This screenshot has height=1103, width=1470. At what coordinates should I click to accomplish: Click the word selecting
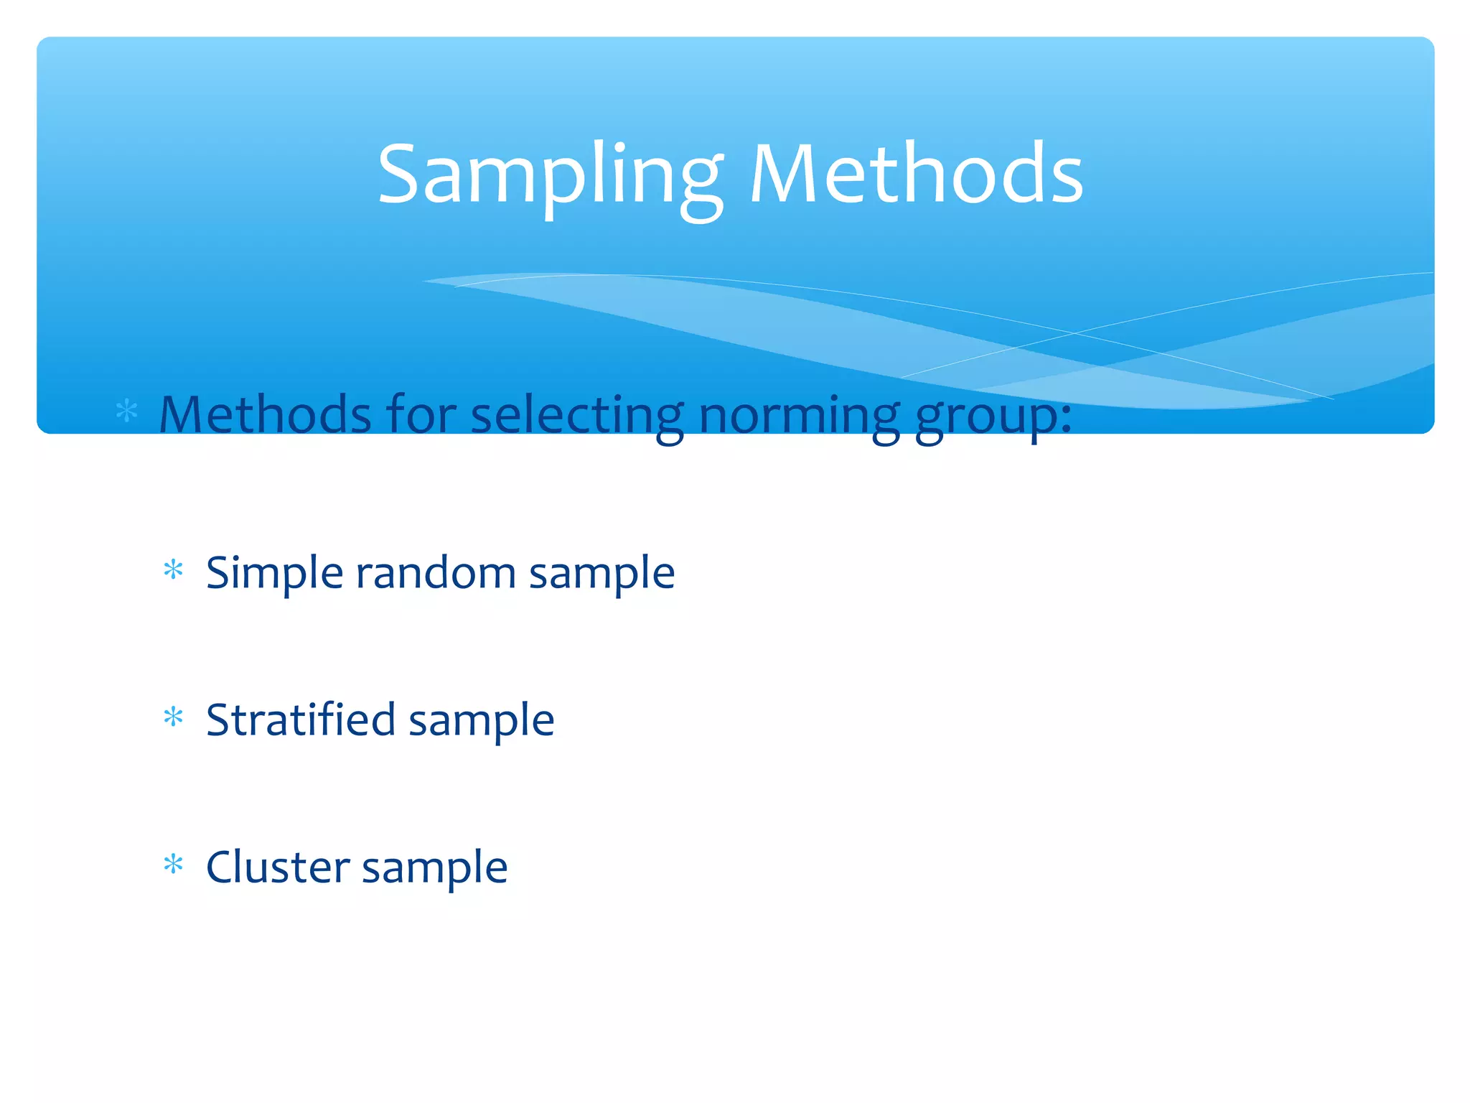coord(577,416)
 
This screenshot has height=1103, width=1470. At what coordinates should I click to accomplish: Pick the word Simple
coord(274,574)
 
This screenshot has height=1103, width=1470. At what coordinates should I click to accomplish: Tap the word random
coord(436,572)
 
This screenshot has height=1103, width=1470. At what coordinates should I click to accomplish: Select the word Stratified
coord(300,720)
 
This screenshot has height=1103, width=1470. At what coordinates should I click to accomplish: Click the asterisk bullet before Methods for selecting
coord(127,411)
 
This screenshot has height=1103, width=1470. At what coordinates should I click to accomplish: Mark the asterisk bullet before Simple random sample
coord(173,570)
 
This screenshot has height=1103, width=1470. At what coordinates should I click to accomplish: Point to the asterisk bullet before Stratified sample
coord(173,717)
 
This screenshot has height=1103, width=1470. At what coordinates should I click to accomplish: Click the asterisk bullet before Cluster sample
coord(173,865)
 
